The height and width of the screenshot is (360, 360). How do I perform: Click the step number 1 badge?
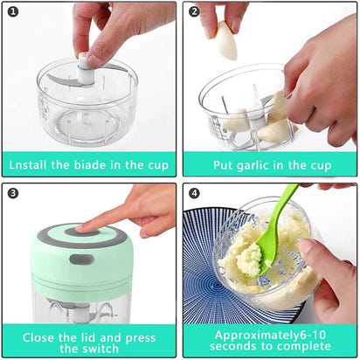coord(13,13)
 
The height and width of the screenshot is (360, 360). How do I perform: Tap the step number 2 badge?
coord(195,13)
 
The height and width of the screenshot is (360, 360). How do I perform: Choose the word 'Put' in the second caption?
coord(225,163)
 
